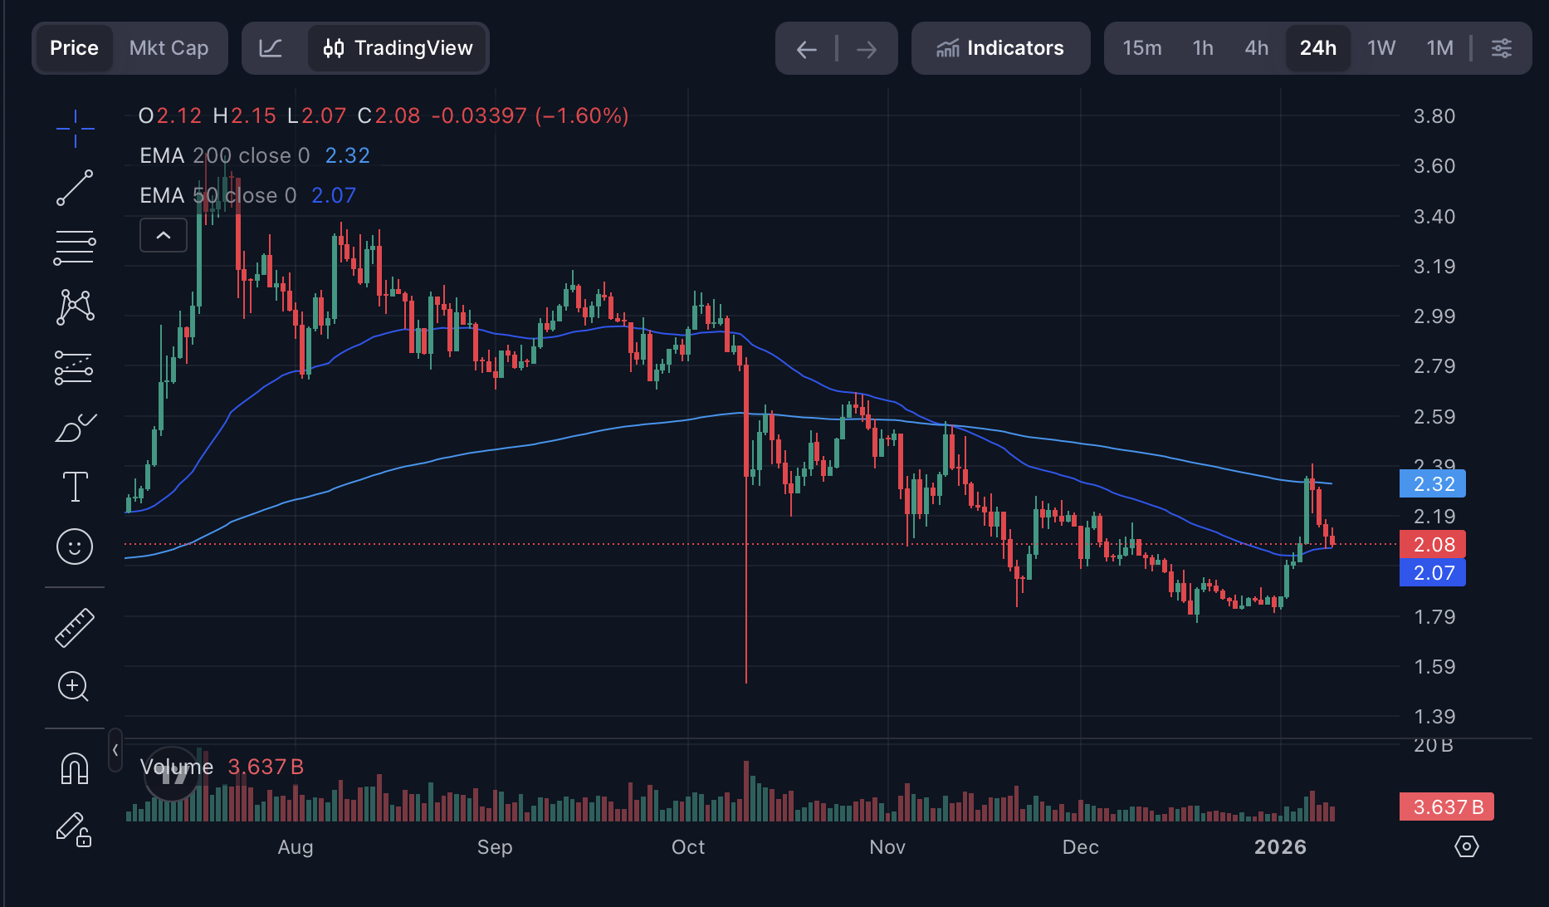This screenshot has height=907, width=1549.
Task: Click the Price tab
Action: [x=74, y=48]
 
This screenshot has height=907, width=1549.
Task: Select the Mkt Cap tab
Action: [x=169, y=48]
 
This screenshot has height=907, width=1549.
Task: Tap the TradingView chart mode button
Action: [x=398, y=48]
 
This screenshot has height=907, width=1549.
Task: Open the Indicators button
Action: [x=1000, y=48]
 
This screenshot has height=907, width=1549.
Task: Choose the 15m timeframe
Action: [x=1141, y=48]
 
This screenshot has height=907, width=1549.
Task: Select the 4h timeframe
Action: [x=1256, y=48]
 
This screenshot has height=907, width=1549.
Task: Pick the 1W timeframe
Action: [x=1381, y=48]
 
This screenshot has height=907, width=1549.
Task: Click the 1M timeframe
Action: [x=1439, y=48]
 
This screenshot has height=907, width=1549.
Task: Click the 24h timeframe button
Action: [x=1317, y=48]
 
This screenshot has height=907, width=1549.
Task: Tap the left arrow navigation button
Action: [x=806, y=50]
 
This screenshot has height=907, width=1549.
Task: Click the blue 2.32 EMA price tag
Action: [x=1433, y=483]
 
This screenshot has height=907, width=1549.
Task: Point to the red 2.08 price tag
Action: [x=1433, y=545]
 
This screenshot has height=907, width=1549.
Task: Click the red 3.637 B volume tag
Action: [x=1447, y=806]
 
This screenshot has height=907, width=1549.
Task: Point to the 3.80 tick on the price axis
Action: [x=1434, y=116]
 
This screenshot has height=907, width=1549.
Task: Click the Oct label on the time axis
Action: [x=687, y=847]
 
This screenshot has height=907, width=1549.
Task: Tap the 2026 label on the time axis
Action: [x=1280, y=847]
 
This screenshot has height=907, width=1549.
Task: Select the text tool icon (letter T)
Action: [x=75, y=487]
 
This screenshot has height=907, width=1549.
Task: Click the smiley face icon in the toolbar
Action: [x=75, y=547]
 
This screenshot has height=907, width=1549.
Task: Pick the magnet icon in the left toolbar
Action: [x=75, y=768]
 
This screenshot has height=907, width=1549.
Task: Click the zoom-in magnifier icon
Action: [x=73, y=686]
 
